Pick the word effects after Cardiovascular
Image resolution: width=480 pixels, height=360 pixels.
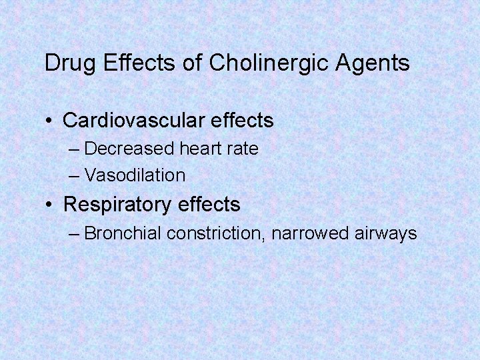click(243, 121)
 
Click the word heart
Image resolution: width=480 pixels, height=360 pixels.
click(199, 149)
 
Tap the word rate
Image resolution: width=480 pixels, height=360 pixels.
click(243, 149)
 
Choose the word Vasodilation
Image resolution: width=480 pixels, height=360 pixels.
click(135, 176)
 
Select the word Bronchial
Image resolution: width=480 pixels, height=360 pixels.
click(124, 233)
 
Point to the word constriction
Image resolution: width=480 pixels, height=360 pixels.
click(216, 233)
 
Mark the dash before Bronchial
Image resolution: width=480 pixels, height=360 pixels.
click(74, 234)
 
